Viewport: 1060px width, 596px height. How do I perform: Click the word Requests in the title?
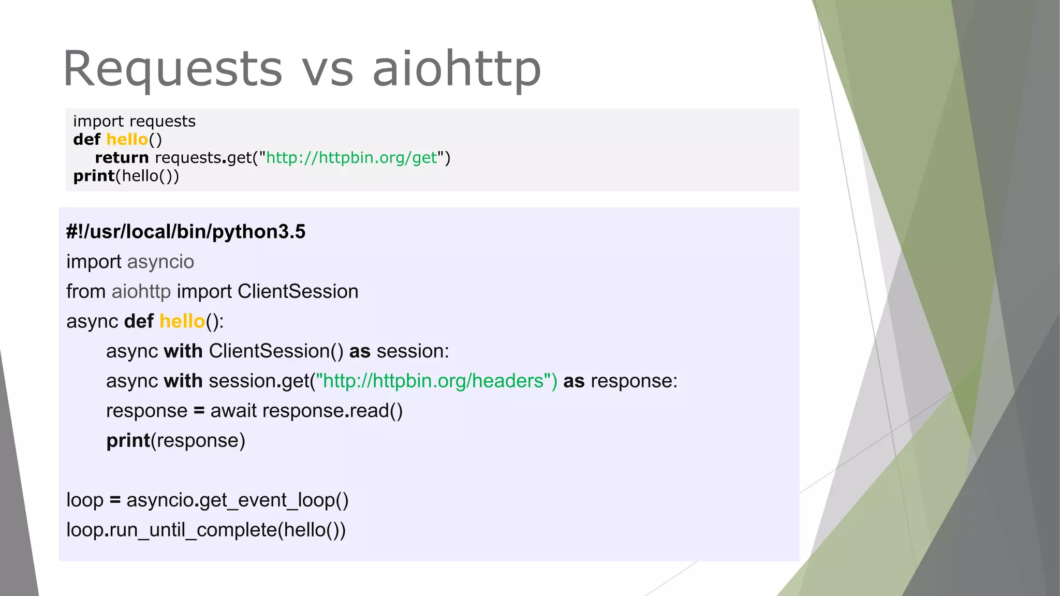point(172,69)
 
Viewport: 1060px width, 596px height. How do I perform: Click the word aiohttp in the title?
point(457,69)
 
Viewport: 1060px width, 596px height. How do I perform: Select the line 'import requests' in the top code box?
point(134,121)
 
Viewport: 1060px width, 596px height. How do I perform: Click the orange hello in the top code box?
point(127,139)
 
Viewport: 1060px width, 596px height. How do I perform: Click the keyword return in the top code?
point(122,157)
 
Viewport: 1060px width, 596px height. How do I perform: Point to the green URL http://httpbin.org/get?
point(351,157)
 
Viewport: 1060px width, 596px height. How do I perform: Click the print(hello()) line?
point(126,176)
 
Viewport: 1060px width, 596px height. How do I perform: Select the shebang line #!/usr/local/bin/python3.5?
point(186,232)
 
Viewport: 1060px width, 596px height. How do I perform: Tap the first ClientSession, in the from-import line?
point(298,292)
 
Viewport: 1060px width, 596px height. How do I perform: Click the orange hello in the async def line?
point(182,321)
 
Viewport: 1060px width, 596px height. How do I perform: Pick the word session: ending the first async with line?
point(413,351)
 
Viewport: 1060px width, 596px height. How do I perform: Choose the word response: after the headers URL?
point(634,381)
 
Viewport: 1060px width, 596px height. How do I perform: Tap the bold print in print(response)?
point(128,441)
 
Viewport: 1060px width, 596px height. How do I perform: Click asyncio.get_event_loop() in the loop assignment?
point(237,500)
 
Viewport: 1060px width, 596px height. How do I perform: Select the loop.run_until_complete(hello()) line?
point(206,530)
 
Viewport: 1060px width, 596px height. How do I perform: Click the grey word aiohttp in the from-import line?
point(141,292)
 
